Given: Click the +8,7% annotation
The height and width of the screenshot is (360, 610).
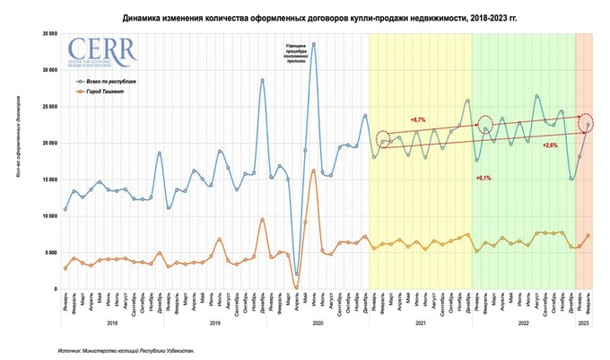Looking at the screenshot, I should [x=418, y=119].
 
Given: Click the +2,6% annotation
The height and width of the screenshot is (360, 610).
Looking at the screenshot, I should [x=551, y=145].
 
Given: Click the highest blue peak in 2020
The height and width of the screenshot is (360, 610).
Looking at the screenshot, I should [x=313, y=68].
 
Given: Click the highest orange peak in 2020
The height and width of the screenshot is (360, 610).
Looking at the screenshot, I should [x=313, y=171].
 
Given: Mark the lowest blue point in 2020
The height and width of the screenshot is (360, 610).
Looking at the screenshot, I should [x=296, y=275].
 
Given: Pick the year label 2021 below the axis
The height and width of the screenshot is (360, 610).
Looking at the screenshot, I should [x=420, y=321].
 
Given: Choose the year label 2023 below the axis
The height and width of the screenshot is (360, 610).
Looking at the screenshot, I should [x=583, y=321].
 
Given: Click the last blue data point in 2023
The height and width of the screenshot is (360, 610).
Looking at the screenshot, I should [x=588, y=126].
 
